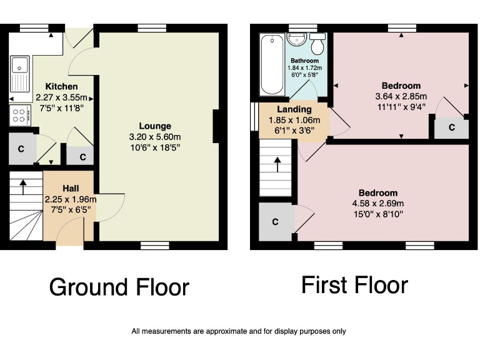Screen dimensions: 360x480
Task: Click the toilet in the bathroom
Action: [x=317, y=45]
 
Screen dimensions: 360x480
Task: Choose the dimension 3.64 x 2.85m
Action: [x=401, y=96]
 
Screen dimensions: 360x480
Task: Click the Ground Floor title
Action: [x=119, y=287]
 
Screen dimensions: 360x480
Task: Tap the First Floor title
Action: [x=354, y=285]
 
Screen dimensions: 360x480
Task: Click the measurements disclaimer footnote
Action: [x=239, y=331]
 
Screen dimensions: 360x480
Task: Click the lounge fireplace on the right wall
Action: [x=216, y=127]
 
